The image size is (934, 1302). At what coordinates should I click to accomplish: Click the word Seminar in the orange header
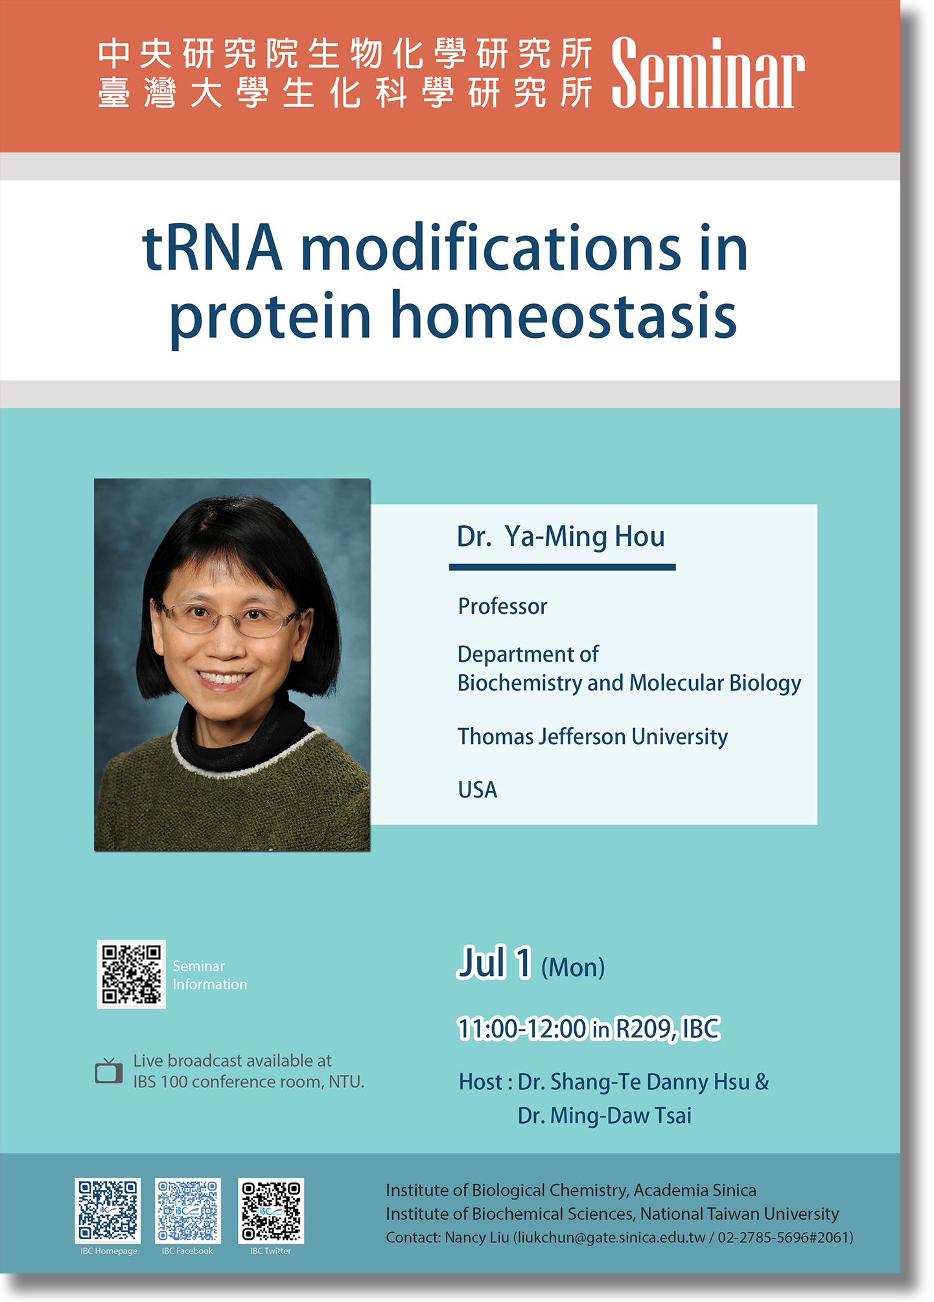[708, 73]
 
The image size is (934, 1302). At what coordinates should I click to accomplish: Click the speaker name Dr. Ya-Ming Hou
[561, 537]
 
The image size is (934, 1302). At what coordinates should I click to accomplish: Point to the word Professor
[502, 606]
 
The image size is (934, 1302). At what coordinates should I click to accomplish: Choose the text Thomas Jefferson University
[592, 737]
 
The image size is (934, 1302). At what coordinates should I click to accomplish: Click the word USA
[478, 790]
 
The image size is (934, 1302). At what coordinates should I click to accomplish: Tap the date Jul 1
[495, 962]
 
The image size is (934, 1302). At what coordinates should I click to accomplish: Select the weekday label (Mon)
[573, 967]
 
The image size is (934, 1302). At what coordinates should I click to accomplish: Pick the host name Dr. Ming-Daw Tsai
[605, 1116]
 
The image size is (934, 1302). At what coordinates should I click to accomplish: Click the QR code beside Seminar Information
[132, 975]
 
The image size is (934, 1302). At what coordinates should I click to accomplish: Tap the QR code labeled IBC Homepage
[108, 1210]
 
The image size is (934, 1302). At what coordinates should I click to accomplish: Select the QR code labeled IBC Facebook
[188, 1210]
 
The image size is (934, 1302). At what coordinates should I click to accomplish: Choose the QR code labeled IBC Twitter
[271, 1210]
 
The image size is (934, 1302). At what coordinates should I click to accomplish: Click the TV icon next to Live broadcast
[109, 1071]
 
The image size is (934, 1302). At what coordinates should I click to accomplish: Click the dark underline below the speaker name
[563, 567]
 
